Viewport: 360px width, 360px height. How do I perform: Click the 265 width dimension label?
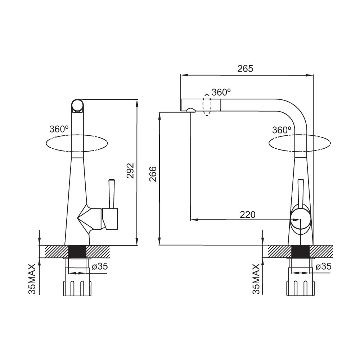245,69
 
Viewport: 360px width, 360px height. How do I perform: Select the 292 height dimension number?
130,171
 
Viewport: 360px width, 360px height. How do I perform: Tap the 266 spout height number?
153,174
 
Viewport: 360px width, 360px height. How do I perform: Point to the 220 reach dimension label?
248,215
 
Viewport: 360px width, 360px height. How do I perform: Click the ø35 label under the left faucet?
100,266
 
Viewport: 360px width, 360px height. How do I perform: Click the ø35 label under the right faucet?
324,266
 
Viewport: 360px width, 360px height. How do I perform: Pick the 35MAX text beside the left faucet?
32,279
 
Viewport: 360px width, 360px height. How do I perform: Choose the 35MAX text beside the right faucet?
256,279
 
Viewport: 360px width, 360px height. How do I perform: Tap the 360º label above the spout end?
221,92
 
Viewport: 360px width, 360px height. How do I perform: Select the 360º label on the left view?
59,129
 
